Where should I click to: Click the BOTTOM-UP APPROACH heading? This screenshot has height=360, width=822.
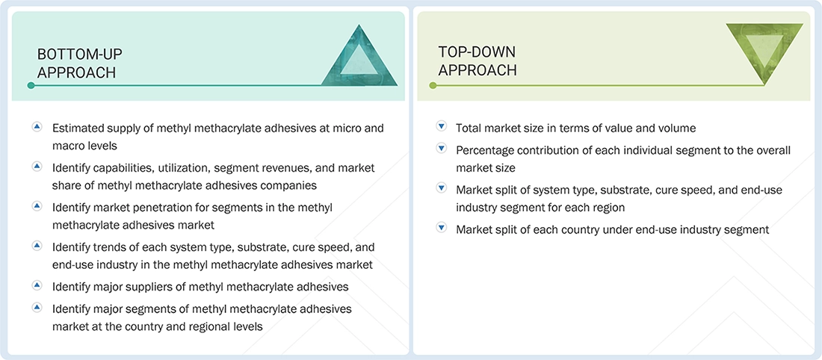[79, 63]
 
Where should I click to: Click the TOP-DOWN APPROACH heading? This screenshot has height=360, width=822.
[477, 60]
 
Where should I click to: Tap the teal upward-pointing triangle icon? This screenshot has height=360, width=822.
[359, 56]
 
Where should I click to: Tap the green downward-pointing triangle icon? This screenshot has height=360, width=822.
[764, 52]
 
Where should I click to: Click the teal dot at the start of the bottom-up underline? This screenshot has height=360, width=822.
[31, 85]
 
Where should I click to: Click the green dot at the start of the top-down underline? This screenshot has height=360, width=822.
[433, 85]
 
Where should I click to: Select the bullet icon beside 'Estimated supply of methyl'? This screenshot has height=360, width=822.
[37, 128]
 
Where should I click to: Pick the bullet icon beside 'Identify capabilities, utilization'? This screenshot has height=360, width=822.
[37, 167]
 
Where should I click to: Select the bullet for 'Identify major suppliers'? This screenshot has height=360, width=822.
[37, 286]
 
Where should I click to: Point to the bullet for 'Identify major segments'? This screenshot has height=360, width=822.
[37, 308]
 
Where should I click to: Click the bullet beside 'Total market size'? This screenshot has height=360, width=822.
[441, 128]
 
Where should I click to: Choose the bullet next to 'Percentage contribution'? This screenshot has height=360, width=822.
[441, 149]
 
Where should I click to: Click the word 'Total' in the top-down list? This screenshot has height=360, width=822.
[469, 128]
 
